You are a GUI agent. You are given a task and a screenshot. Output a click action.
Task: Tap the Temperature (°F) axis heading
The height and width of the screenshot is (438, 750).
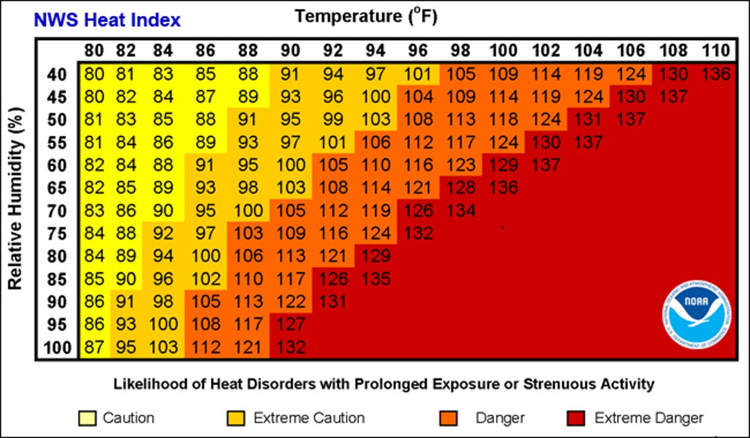pyautogui.click(x=366, y=15)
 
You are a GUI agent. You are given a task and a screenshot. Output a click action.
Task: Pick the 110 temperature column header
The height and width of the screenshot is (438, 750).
pyautogui.click(x=715, y=51)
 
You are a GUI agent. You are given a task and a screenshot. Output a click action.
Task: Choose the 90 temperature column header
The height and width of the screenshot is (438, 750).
pyautogui.click(x=292, y=51)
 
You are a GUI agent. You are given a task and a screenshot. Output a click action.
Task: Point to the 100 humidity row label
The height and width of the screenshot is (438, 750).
pyautogui.click(x=58, y=347)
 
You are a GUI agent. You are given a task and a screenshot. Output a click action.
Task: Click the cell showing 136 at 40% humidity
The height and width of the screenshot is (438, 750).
pyautogui.click(x=715, y=74)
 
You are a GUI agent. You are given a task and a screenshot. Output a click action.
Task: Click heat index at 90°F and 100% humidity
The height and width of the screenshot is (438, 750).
pyautogui.click(x=292, y=347)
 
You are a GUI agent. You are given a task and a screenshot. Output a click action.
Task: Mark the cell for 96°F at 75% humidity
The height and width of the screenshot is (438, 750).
pyautogui.click(x=417, y=233)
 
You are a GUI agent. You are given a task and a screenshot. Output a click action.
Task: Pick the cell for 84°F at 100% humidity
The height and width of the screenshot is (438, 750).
pyautogui.click(x=164, y=347)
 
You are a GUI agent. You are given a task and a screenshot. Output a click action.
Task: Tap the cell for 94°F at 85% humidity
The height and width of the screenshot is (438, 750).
pyautogui.click(x=375, y=279)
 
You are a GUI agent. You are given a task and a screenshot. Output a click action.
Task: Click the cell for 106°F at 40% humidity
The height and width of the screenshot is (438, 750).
pyautogui.click(x=630, y=74)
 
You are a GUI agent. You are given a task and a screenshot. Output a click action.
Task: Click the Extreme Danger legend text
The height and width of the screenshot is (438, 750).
pyautogui.click(x=649, y=418)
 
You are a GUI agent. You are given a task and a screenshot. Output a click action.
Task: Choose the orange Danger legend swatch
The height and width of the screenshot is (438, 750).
pyautogui.click(x=449, y=418)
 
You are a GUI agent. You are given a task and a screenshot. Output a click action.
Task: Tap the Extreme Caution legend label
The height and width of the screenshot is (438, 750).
pyautogui.click(x=309, y=418)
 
